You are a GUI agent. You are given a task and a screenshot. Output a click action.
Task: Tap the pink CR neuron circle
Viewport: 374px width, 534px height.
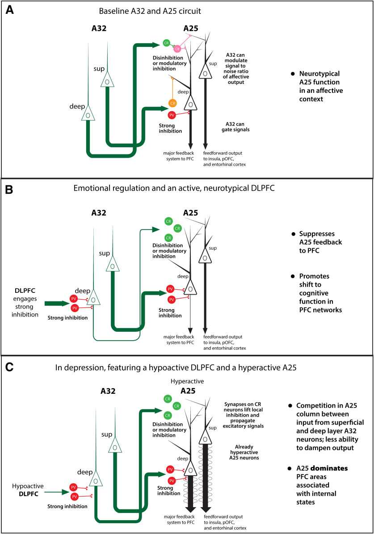(x=177, y=48)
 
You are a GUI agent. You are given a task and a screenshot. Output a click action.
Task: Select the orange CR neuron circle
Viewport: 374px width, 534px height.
(x=172, y=103)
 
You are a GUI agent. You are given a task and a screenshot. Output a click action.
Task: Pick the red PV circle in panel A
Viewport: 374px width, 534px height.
(x=172, y=115)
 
